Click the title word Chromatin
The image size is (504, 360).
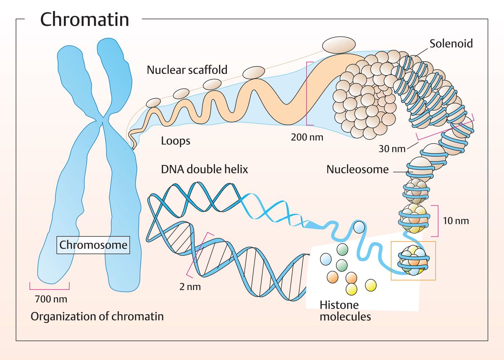[x=84, y=19]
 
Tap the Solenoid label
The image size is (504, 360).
[x=451, y=43]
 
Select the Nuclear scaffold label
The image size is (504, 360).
[x=187, y=70]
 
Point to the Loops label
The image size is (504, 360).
[x=176, y=141]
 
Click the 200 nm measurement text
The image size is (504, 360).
[x=307, y=137]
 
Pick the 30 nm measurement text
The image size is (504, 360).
[x=392, y=148]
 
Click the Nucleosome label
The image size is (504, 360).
[x=357, y=170]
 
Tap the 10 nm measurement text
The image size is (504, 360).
[x=456, y=220]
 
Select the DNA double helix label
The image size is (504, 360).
[x=205, y=169]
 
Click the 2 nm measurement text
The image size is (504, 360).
[x=190, y=287]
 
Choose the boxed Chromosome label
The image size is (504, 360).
[x=93, y=244]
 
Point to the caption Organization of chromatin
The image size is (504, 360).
[x=97, y=316]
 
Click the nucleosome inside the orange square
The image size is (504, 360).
[x=414, y=261]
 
